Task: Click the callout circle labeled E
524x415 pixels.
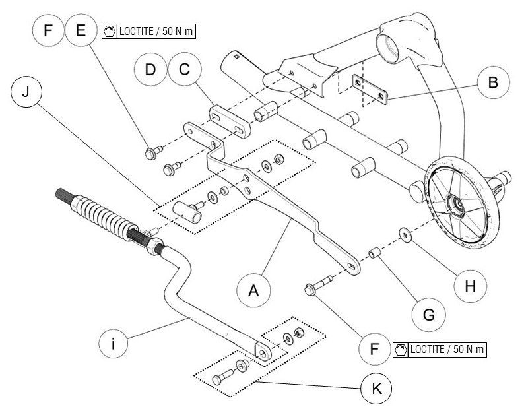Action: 81,31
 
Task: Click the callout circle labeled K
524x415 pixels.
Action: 376,388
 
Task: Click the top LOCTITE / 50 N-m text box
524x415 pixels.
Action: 150,31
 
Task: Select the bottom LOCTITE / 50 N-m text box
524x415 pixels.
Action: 439,349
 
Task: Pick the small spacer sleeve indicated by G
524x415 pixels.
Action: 376,253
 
